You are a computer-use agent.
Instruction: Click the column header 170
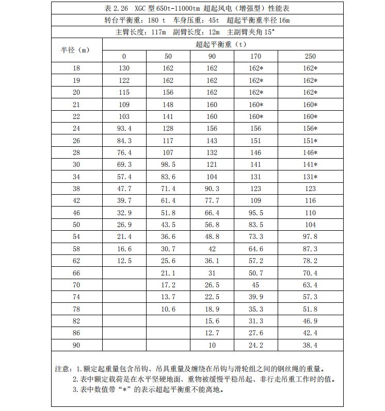[256, 56]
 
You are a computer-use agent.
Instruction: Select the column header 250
[310, 56]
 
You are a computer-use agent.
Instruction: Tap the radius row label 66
[77, 273]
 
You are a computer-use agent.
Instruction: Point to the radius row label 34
[77, 177]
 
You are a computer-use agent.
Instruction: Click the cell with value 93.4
[124, 128]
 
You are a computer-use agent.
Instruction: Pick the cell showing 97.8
[310, 237]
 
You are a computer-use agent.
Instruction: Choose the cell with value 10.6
[168, 309]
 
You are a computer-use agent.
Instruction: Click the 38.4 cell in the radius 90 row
[310, 345]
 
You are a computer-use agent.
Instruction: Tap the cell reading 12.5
[124, 261]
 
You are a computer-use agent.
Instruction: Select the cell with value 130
[124, 68]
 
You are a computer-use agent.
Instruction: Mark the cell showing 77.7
[212, 201]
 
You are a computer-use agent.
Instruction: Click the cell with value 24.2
[256, 345]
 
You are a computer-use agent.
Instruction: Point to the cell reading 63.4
[310, 285]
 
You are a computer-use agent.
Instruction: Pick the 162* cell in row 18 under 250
[310, 68]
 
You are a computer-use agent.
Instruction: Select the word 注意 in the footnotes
[62, 369]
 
